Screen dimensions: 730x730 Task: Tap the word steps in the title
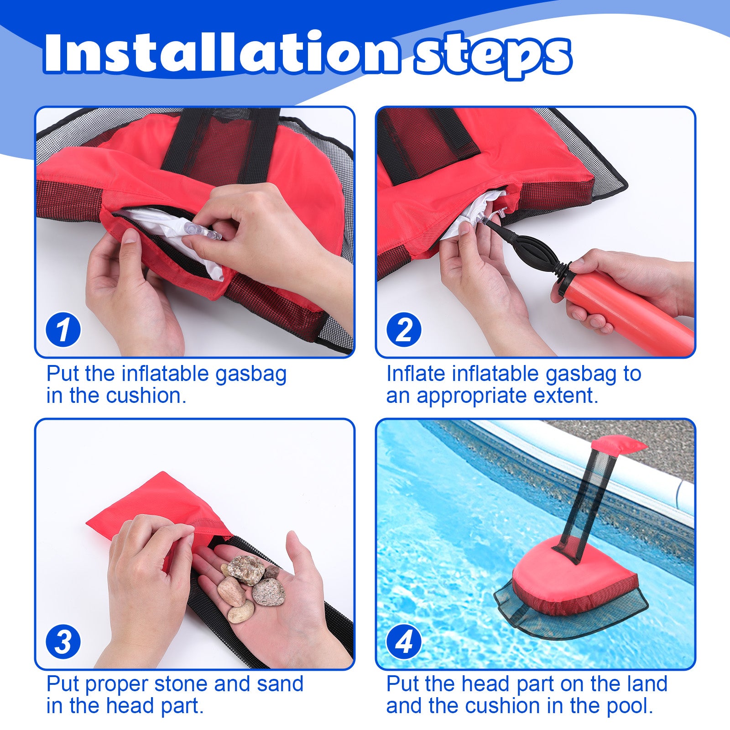click(x=493, y=55)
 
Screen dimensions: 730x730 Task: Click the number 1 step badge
click(x=63, y=329)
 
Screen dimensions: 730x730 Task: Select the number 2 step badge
click(x=404, y=329)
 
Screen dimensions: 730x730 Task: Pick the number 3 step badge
click(x=63, y=642)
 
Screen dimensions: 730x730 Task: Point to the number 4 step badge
click(x=404, y=642)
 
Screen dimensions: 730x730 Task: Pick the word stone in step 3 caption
click(x=182, y=684)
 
